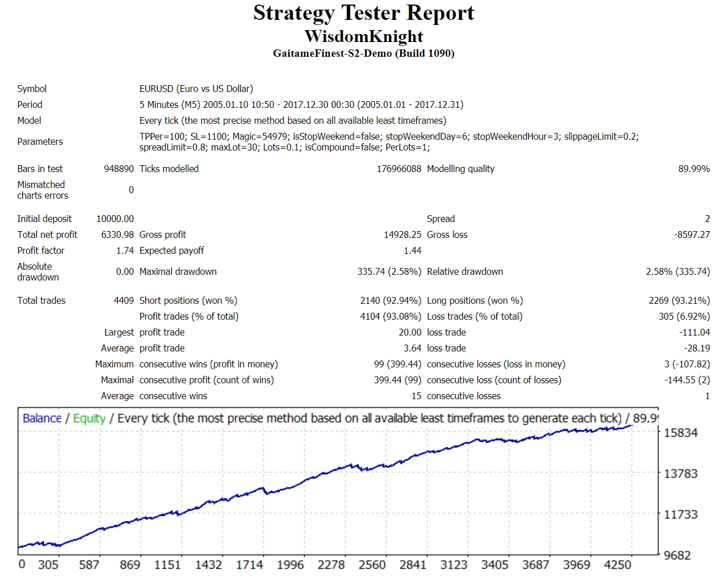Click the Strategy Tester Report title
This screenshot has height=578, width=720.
364,13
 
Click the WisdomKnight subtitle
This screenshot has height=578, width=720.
364,36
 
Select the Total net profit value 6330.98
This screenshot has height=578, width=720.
118,234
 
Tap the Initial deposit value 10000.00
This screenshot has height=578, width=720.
115,219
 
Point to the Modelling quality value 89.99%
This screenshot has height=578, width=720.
694,169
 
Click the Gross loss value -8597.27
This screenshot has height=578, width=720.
692,234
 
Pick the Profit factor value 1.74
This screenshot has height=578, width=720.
125,250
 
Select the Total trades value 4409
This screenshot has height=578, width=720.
124,300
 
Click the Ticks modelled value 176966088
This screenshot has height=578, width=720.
399,169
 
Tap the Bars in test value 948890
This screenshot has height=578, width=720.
119,169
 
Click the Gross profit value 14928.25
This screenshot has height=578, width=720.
402,234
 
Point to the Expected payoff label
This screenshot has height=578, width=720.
172,250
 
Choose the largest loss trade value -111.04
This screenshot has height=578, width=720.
694,332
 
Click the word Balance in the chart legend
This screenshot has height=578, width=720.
42,418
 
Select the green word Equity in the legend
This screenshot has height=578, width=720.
89,418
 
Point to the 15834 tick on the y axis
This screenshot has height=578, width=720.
681,433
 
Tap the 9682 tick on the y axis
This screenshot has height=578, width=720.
677,555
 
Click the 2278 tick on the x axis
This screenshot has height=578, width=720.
331,565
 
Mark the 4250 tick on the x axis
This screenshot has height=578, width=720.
618,565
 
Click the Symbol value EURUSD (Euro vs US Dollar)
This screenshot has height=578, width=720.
196,89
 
